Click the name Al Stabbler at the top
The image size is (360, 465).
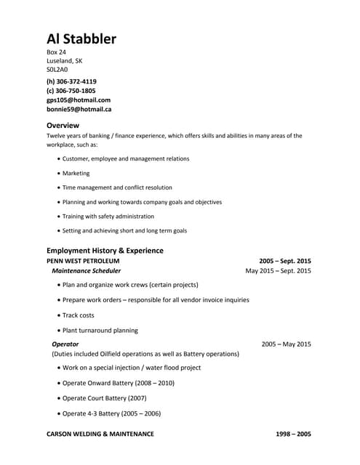tap(81, 39)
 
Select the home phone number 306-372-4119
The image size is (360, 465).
tap(71, 81)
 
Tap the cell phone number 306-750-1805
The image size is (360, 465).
tap(71, 91)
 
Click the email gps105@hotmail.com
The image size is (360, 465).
tap(79, 100)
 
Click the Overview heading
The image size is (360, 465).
tap(63, 125)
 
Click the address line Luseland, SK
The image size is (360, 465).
tap(65, 61)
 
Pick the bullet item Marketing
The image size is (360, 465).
tap(76, 174)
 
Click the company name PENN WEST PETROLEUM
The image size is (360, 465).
tap(83, 260)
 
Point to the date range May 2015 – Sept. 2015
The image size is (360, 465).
tap(279, 270)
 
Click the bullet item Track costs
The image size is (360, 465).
tap(79, 315)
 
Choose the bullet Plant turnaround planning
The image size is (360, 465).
tap(100, 330)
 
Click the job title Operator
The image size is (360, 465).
tap(65, 344)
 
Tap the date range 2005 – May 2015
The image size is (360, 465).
tap(286, 344)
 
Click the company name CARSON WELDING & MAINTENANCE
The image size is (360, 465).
tap(100, 434)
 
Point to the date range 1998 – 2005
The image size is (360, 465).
tap(293, 434)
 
